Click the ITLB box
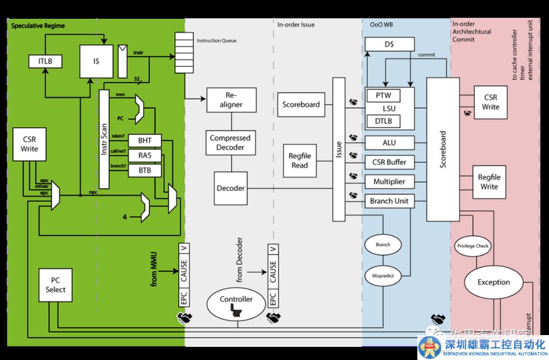click(45, 61)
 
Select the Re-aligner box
click(231, 100)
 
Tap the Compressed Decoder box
click(230, 143)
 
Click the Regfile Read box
click(299, 160)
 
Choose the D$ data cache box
click(389, 45)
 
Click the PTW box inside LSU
click(383, 95)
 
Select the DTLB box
click(383, 121)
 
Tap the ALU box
click(389, 143)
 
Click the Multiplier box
click(389, 182)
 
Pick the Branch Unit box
click(389, 201)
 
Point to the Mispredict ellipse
click(383, 276)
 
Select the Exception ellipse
click(493, 282)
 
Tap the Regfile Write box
click(489, 182)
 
